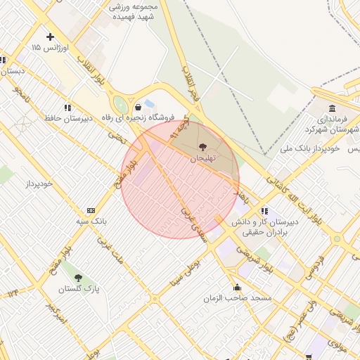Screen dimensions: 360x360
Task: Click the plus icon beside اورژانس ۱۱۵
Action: coord(49,37)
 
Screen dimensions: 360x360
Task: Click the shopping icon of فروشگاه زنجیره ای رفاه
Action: coord(138,108)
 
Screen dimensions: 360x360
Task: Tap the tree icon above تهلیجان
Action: coord(203,148)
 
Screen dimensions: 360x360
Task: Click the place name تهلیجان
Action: coord(203,159)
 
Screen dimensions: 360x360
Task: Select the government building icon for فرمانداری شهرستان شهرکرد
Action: coord(332,109)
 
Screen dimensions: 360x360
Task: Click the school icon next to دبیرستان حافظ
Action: coord(67,108)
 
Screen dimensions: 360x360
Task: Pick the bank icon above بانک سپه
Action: coord(91,210)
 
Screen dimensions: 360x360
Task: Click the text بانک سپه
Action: coord(91,221)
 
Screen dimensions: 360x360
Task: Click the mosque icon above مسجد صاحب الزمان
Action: coord(237,288)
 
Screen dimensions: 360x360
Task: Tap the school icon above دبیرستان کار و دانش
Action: coord(264,210)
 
